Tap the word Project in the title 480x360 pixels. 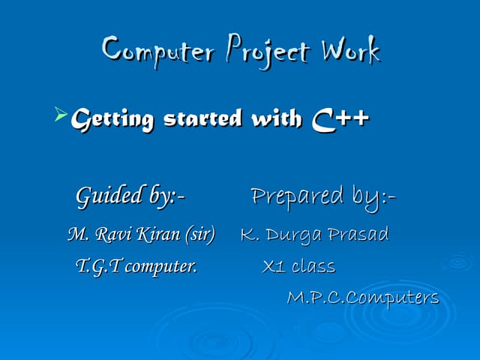(266, 50)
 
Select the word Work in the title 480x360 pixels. (350, 50)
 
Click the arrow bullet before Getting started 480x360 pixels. (60, 115)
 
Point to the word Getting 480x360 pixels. (112, 118)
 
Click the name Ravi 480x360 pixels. (111, 235)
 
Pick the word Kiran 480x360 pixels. (156, 235)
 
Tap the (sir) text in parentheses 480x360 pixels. (198, 235)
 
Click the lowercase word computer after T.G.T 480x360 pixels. (161, 266)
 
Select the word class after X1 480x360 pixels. (313, 266)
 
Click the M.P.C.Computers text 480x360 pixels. (363, 298)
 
